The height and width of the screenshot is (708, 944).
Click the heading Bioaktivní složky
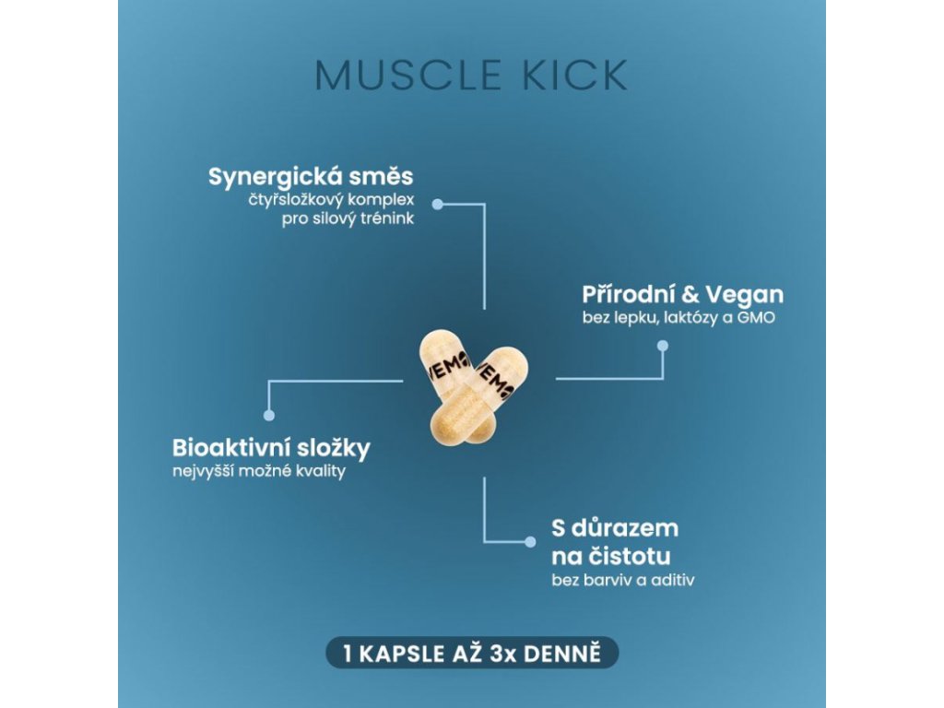pos(271,449)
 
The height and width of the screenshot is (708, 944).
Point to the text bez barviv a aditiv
pos(621,581)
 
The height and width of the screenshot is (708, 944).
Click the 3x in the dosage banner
pos(517,654)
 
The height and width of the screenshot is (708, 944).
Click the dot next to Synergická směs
pos(439,203)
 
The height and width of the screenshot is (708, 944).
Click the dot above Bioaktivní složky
pos(269,415)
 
